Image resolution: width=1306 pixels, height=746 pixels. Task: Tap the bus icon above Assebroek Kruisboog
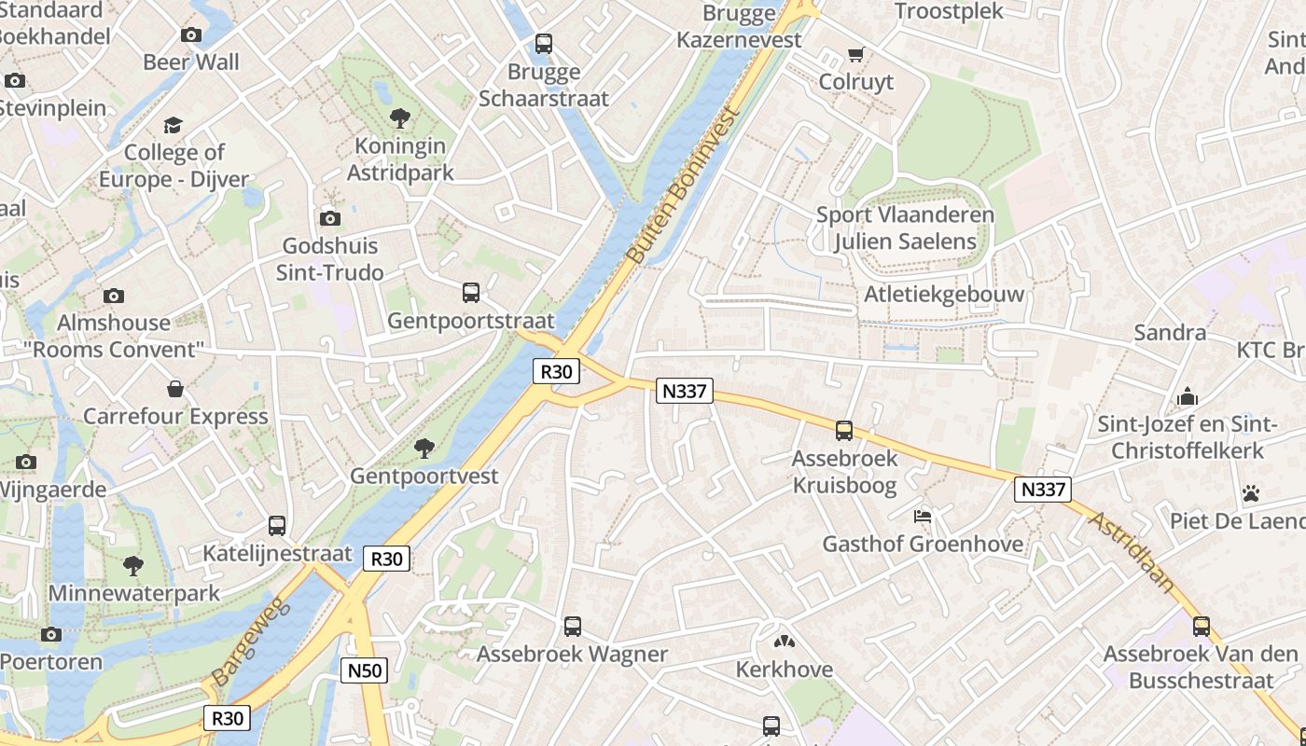click(x=844, y=431)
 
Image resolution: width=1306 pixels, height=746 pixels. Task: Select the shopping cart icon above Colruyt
click(x=855, y=55)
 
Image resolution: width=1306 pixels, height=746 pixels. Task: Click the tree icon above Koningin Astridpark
click(x=400, y=118)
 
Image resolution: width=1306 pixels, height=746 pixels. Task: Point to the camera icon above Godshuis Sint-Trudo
click(x=329, y=218)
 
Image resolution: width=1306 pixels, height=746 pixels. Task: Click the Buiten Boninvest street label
click(x=683, y=185)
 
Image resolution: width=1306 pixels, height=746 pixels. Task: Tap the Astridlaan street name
click(x=1132, y=551)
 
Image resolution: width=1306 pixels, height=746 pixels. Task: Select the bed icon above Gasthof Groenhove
click(x=923, y=516)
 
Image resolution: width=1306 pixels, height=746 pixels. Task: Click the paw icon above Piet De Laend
click(x=1251, y=492)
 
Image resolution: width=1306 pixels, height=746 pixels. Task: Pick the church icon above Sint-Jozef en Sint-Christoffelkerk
click(x=1187, y=397)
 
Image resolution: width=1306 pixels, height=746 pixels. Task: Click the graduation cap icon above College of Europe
click(x=174, y=125)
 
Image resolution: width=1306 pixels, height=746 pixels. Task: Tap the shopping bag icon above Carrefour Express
click(x=175, y=389)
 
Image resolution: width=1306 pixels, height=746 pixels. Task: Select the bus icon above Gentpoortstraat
click(x=471, y=293)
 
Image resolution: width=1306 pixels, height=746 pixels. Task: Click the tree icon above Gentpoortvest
click(x=424, y=449)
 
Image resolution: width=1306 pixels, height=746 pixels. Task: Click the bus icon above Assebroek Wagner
click(x=573, y=627)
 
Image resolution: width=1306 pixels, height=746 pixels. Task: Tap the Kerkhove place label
click(x=785, y=669)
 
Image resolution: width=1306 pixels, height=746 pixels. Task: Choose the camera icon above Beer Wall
click(x=191, y=35)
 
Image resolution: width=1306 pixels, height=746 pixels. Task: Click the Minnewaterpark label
click(x=134, y=593)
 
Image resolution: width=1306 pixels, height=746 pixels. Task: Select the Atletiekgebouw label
click(x=944, y=294)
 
